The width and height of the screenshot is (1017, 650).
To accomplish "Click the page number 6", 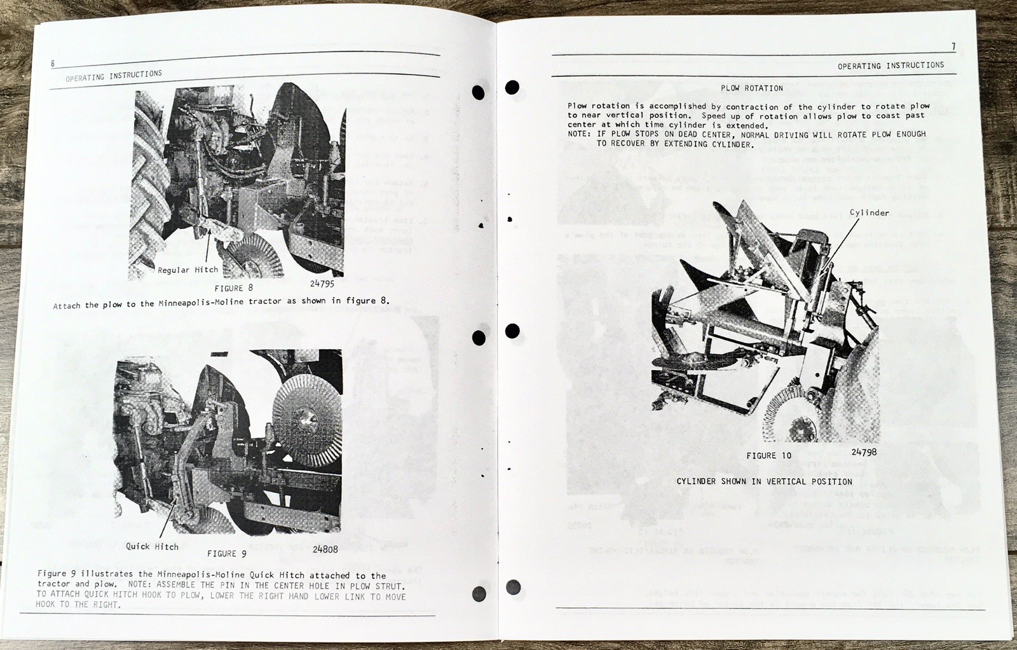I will point(53,64).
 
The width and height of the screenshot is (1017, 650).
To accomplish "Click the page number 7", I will point(953,46).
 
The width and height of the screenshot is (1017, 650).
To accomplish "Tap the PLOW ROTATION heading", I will point(751,88).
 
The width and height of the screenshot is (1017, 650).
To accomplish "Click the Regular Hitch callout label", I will point(188,270).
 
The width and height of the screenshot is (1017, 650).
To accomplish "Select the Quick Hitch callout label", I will point(152,546).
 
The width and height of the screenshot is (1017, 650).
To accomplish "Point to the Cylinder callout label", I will point(869,213).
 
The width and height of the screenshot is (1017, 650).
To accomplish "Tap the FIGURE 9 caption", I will point(226,554).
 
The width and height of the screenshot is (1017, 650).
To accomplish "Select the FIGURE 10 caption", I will point(768,456).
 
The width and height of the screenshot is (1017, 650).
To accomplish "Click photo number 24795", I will point(322,284).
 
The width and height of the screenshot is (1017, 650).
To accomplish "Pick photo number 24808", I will point(325,550).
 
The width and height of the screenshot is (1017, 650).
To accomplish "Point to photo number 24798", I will point(864,452).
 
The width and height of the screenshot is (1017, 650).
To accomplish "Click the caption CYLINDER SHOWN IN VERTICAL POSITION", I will point(764,481).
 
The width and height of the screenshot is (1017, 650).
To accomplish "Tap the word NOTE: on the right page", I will point(578,134).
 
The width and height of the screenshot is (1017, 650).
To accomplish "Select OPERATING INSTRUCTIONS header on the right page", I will point(891,66).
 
